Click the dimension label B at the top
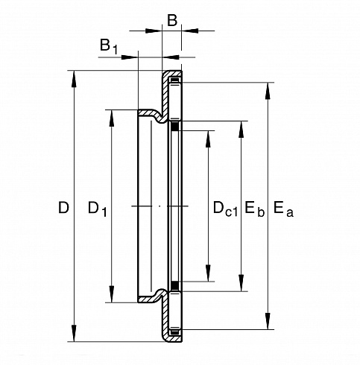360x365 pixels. coord(172,20)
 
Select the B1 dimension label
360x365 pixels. coord(108,46)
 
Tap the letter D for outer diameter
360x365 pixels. coord(63,208)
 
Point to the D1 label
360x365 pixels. coord(98,209)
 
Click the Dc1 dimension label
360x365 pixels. coord(225,209)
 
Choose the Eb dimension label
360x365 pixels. coord(254,209)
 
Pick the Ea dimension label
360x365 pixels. coord(283,209)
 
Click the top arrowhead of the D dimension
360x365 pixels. coord(74,79)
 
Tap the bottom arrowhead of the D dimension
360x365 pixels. coord(74,333)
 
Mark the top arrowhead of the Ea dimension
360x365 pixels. coord(268,91)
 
